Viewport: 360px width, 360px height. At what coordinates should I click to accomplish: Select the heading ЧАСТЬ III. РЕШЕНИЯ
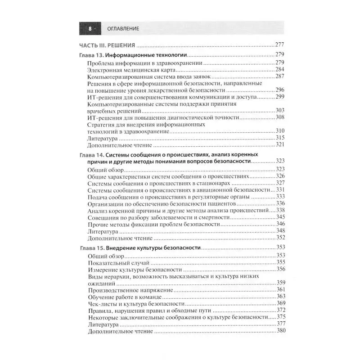point(107,45)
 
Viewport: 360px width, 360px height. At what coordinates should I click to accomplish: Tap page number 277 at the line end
point(280,45)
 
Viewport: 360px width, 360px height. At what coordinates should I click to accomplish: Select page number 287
point(280,77)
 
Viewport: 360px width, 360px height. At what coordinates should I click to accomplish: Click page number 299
point(280,97)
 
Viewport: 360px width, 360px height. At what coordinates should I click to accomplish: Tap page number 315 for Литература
point(280,138)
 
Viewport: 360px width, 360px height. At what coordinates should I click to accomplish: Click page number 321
point(280,145)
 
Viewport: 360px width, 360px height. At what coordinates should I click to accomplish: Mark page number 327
point(280,183)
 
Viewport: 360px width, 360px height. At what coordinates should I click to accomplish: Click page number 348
point(280,231)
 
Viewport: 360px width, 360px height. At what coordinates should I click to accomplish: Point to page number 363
point(280,297)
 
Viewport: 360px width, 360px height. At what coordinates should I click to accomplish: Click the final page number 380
point(280,331)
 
